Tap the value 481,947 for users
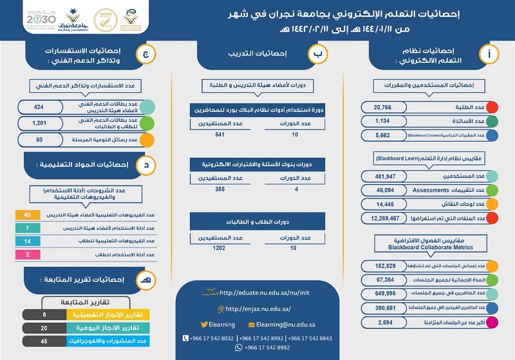(386, 176)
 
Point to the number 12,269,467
(386, 218)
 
